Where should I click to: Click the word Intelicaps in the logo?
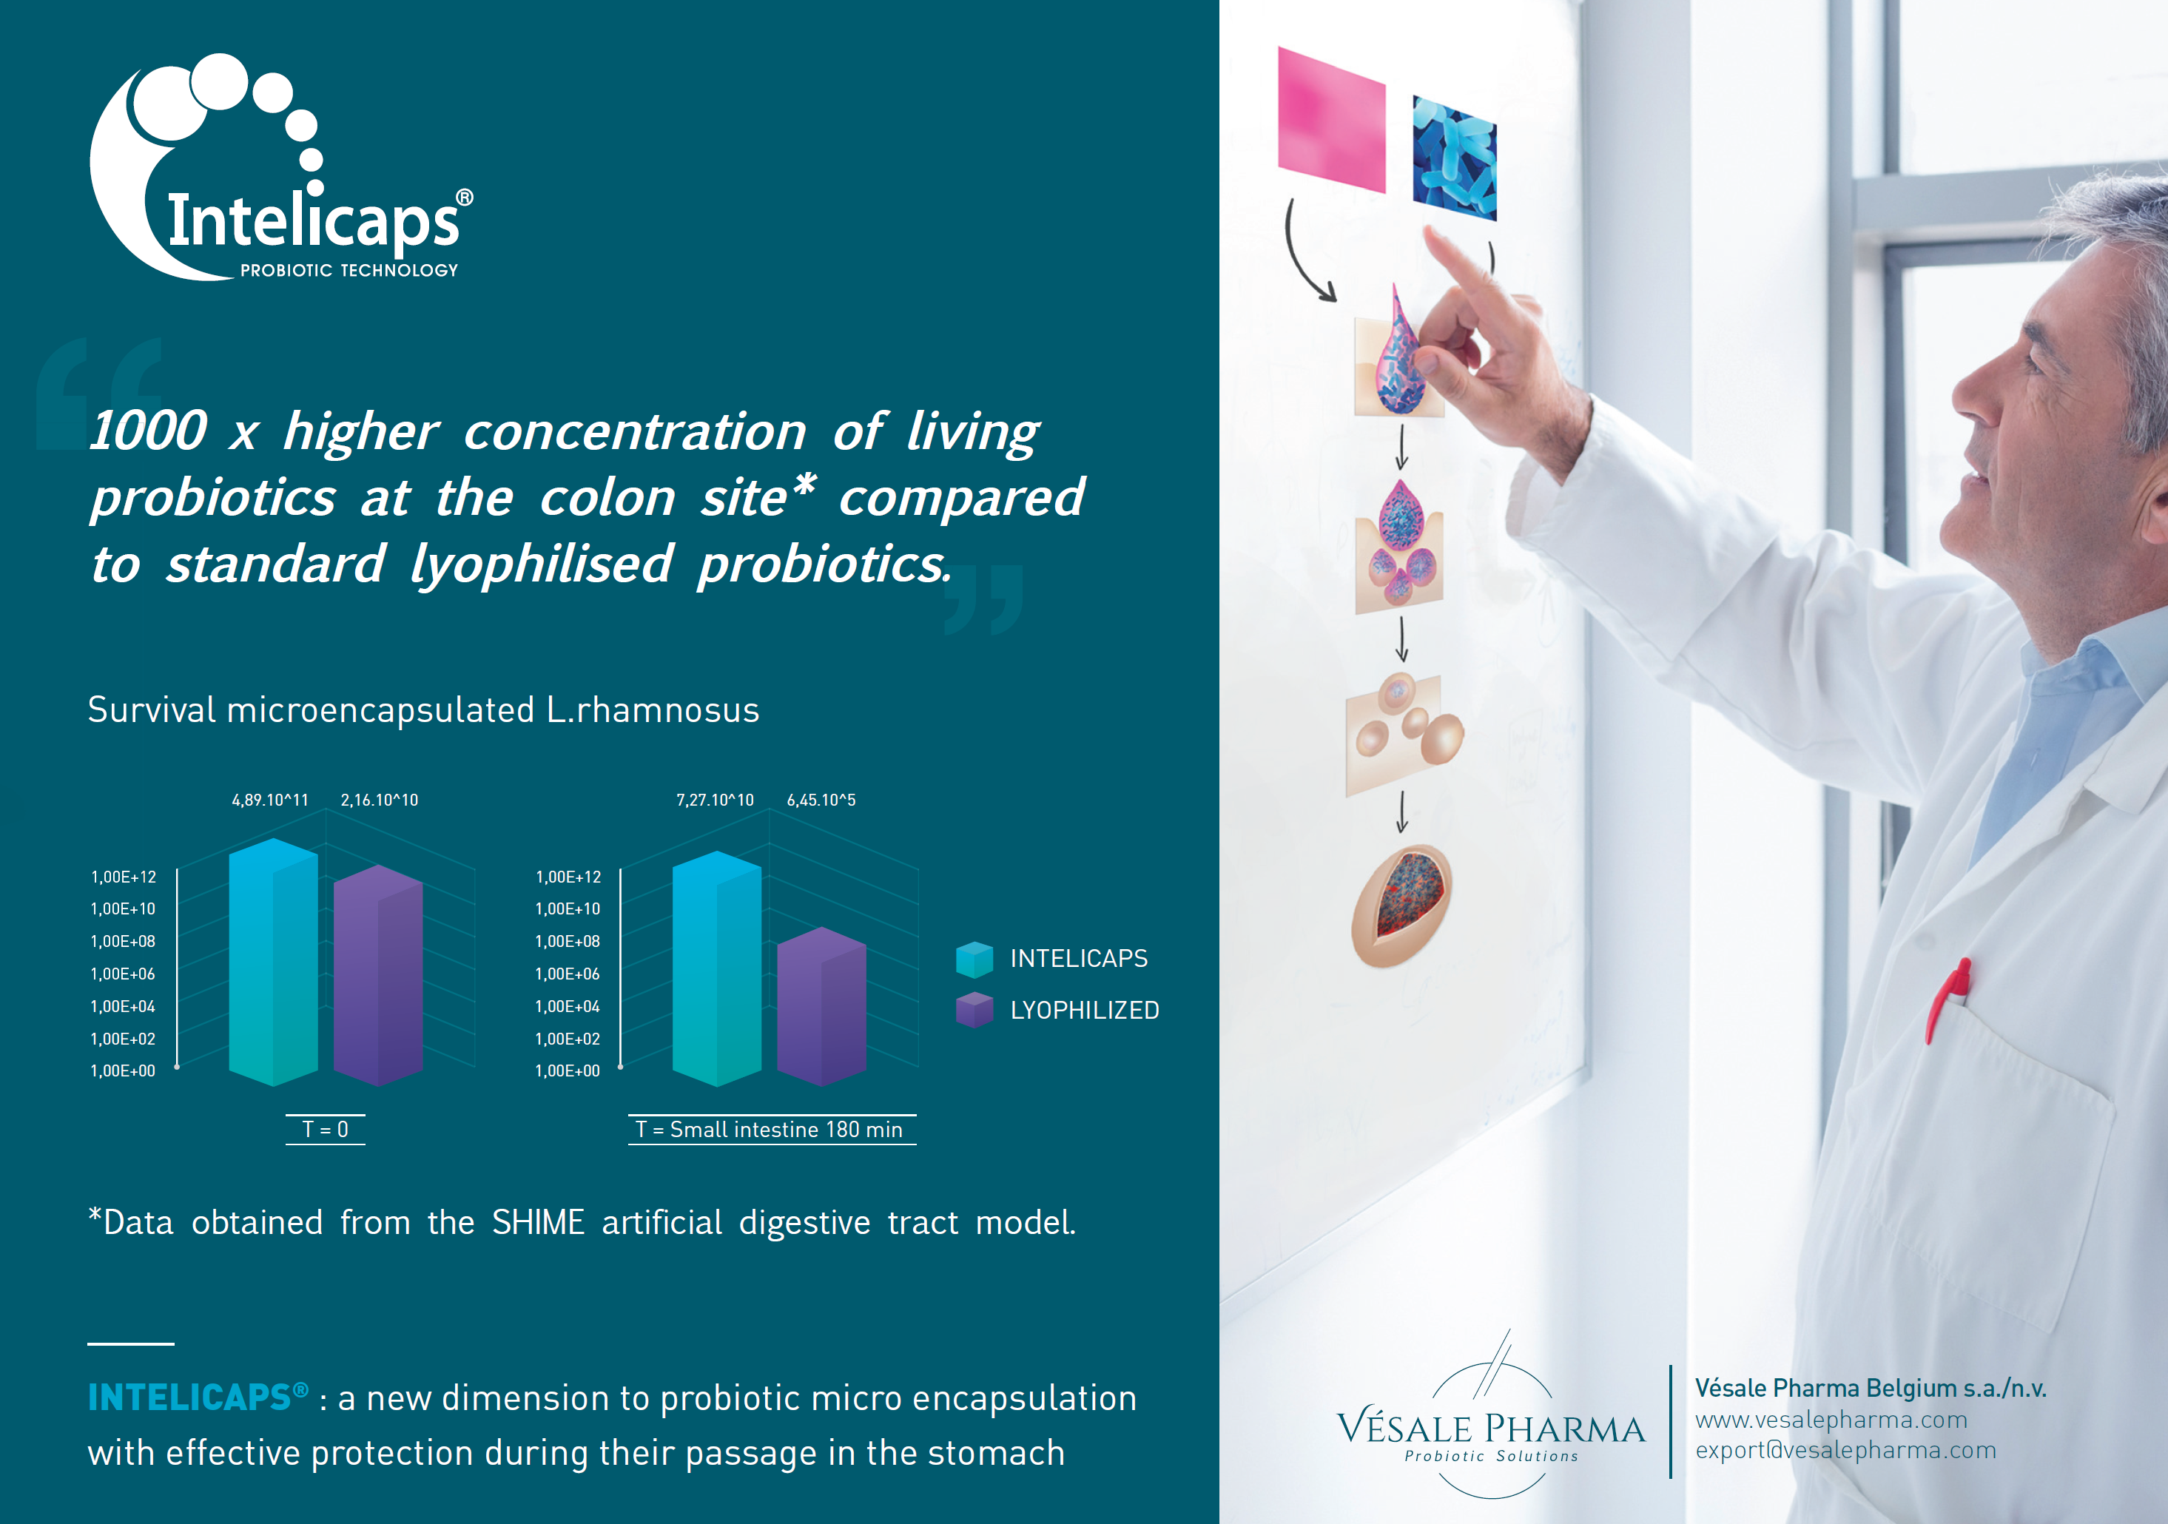point(314,220)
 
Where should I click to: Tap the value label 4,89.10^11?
point(270,800)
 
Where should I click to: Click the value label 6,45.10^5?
point(821,800)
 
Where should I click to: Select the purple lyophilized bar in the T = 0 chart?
point(377,974)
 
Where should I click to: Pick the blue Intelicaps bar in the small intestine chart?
point(717,968)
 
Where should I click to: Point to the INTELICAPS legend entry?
point(1052,958)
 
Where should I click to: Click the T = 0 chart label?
point(325,1129)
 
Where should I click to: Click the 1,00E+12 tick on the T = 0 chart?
point(124,877)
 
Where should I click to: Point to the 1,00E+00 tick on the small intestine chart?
point(568,1070)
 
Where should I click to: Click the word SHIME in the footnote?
point(538,1222)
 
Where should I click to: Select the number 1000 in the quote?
point(148,431)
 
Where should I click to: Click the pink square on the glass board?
point(1331,120)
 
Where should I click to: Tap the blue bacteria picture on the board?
point(1454,158)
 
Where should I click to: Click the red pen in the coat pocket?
point(1947,999)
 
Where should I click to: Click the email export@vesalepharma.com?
point(1846,1450)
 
